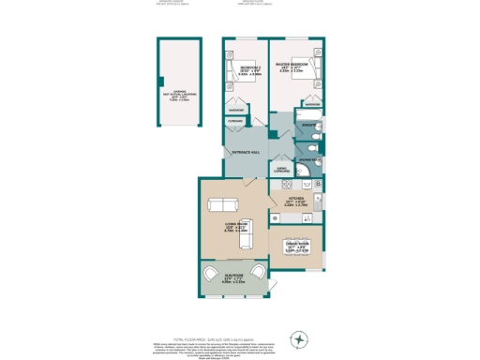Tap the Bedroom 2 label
point(248,71)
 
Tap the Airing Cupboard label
point(281,170)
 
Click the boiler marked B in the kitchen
point(320,184)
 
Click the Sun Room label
point(233,278)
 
